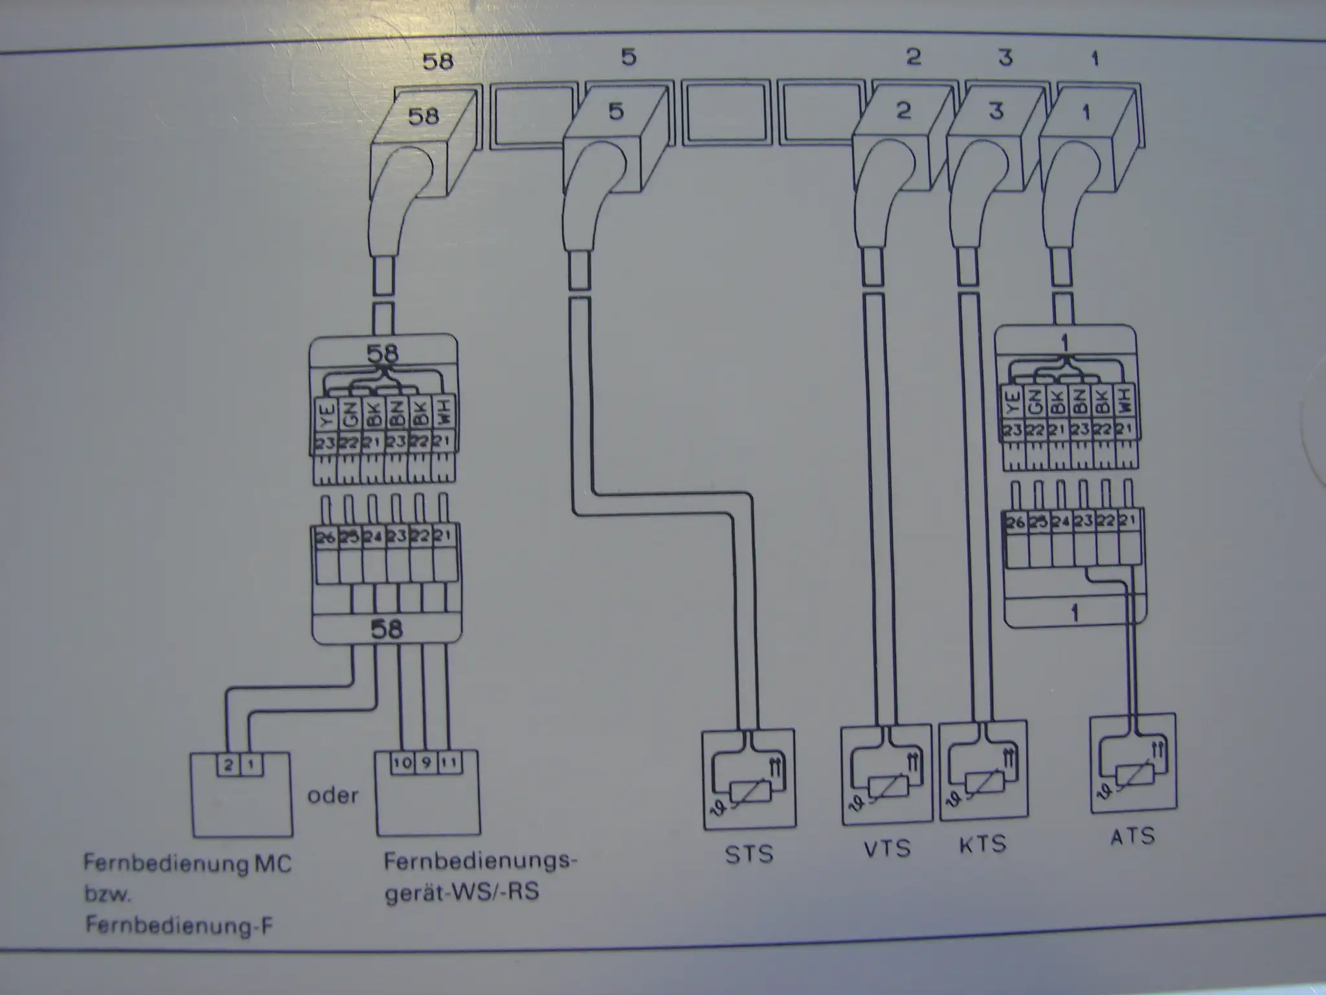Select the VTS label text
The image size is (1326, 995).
tap(887, 848)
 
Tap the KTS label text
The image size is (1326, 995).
tap(983, 844)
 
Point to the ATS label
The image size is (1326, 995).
tap(1132, 836)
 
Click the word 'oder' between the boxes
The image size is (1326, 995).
tap(333, 795)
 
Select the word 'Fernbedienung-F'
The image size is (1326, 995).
tap(179, 926)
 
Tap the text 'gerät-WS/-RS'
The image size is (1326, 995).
tap(462, 892)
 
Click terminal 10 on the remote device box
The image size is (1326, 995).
tap(402, 762)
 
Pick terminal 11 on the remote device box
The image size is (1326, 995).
tap(449, 762)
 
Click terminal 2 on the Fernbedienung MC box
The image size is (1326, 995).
tap(228, 766)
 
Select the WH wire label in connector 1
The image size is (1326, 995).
tap(1125, 402)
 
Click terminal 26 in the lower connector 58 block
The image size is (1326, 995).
tap(326, 537)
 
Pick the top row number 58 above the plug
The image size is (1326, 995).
tap(438, 62)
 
